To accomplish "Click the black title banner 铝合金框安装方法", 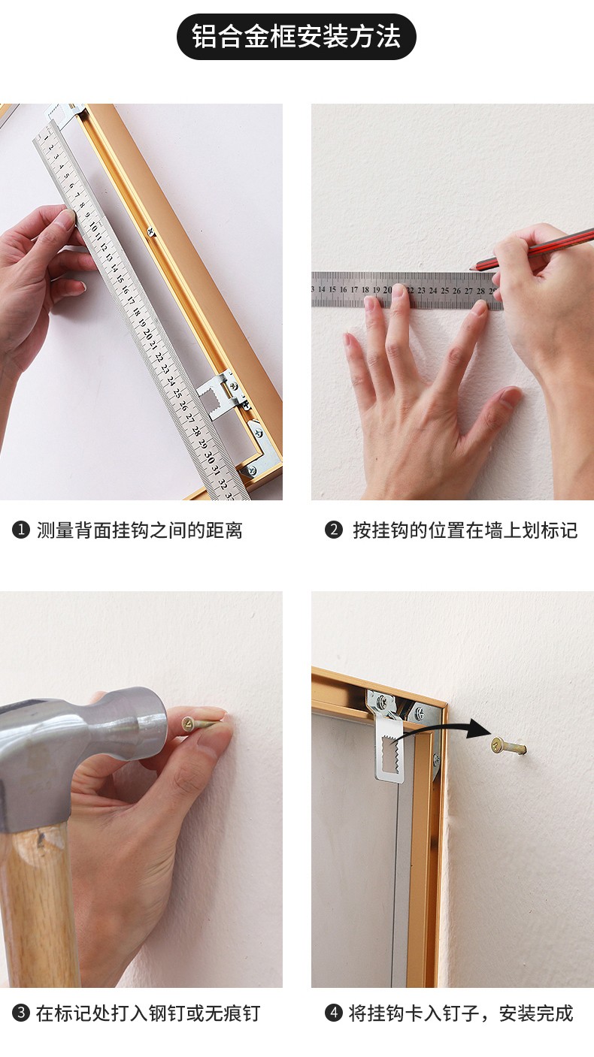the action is tap(296, 36).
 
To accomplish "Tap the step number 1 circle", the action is tap(21, 530).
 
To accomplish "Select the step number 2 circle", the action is tap(333, 530).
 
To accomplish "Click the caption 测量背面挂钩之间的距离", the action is tap(140, 530).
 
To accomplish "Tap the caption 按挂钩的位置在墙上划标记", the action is tap(465, 530).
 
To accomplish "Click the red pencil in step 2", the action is tap(534, 249).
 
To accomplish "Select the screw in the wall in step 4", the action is tap(508, 746).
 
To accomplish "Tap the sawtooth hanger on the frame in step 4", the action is tap(391, 739).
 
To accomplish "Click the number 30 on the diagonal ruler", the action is tap(209, 457).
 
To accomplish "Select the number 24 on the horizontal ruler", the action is tap(433, 291).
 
